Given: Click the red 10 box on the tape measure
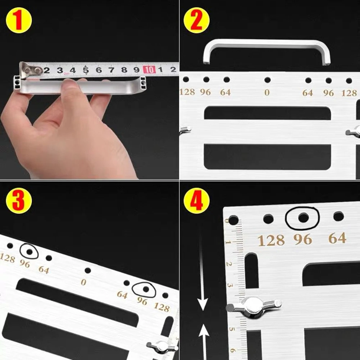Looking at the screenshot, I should (149, 69).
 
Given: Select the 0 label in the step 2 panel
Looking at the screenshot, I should (267, 93).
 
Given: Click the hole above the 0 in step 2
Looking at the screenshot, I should (267, 80).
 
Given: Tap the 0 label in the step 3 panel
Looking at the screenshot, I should (83, 282).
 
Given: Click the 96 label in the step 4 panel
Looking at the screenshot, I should (302, 240).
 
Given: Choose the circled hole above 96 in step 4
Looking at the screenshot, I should (303, 218).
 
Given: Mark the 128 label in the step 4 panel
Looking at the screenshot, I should (271, 241).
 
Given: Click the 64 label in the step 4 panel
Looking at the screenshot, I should (337, 238).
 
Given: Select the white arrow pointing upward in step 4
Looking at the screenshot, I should (204, 342).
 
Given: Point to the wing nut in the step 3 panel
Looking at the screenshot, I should (162, 347).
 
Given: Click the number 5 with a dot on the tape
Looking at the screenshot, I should (86, 69).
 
